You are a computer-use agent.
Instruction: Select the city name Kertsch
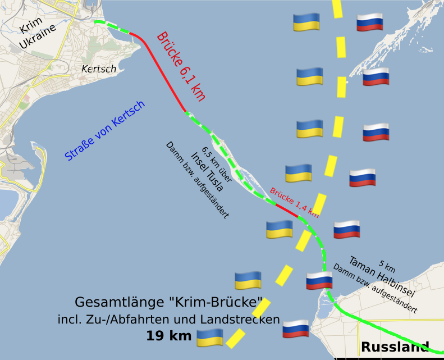(x=99, y=69)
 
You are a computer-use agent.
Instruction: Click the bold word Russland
(x=395, y=347)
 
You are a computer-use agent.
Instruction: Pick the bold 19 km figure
(x=169, y=336)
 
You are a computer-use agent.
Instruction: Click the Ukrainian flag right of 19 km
(x=209, y=337)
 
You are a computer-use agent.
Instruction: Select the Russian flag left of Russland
(x=295, y=329)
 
